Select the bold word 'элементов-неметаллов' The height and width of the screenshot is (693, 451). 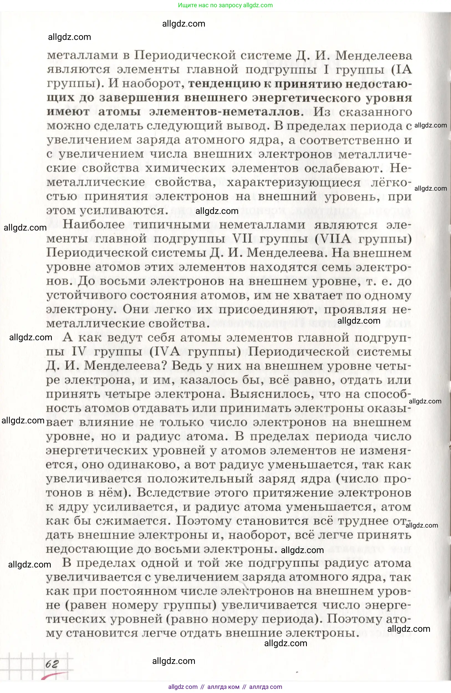click(224, 112)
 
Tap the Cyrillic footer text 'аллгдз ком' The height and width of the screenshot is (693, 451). click(223, 687)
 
